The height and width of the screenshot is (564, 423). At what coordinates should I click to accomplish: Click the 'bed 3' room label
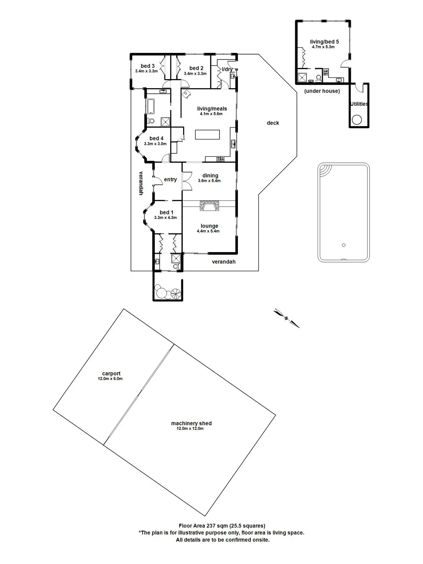tap(147, 66)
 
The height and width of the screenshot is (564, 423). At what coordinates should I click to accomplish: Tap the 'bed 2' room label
tap(196, 68)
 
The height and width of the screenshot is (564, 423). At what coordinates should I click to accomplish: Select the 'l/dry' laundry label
tap(227, 69)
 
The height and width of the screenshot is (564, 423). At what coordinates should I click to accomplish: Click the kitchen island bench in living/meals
tap(207, 134)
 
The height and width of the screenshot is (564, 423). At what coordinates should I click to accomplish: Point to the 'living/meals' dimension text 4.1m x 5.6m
tap(211, 114)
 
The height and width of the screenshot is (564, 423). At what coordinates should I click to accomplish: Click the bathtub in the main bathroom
tap(151, 106)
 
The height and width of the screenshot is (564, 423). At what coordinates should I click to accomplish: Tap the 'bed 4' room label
tap(156, 138)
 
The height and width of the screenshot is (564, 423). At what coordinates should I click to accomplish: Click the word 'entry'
tap(170, 180)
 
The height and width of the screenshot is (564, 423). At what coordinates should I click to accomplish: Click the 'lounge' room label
tap(209, 226)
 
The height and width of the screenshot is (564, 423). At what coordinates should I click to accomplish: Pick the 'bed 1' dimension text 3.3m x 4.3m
tap(166, 218)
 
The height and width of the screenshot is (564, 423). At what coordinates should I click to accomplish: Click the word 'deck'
tap(273, 123)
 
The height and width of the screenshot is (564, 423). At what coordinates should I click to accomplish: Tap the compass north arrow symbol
tap(286, 318)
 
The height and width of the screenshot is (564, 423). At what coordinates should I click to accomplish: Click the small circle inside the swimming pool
tap(344, 245)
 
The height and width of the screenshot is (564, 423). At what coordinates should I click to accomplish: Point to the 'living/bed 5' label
tap(324, 42)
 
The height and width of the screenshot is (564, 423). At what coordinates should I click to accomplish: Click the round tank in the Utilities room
tap(357, 120)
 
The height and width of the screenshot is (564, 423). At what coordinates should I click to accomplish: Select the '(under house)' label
tap(322, 91)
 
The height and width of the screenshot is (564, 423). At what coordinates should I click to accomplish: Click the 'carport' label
tap(111, 374)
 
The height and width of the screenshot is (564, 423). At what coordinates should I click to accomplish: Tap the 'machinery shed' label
tap(191, 423)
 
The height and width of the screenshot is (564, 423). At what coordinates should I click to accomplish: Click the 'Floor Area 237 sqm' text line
tap(222, 526)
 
